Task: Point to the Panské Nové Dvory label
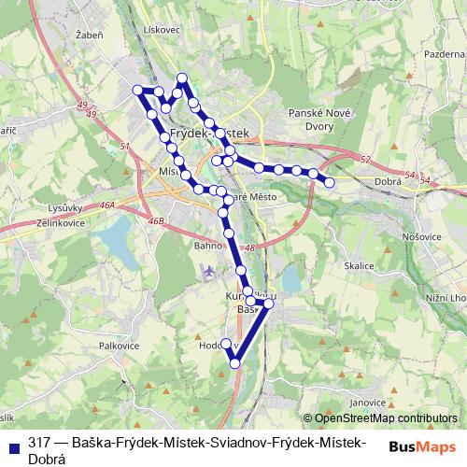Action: coord(319,119)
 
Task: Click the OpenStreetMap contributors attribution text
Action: coord(386,418)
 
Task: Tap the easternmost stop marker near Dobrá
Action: coord(329,182)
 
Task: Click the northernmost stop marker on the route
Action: coord(183,78)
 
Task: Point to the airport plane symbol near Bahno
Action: coord(206,272)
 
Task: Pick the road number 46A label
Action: coord(106,204)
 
